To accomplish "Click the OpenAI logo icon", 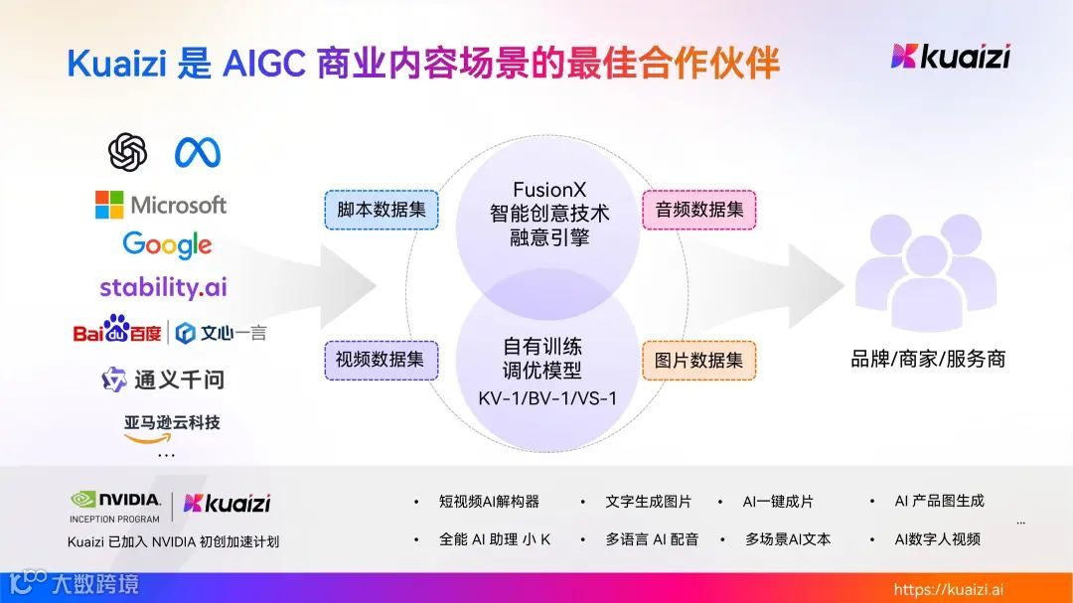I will point(127,152).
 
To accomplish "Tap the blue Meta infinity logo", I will point(197,152).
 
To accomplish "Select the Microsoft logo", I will point(161,205).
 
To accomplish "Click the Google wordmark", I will point(167,243).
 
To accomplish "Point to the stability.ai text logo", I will point(163,287).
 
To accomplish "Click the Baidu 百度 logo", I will point(117,330).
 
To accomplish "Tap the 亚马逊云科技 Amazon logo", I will point(172,427).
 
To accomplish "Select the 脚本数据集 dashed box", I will point(382,210).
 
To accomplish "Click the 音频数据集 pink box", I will point(699,210).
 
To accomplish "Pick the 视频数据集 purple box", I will point(380,360).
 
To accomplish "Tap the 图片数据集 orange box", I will point(698,360).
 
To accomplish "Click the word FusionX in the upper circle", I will point(548,189).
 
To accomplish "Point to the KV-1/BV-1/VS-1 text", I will point(547,397).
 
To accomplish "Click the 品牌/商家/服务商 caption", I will point(928,359).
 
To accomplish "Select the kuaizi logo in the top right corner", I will point(950,57).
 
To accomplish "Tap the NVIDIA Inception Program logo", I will point(115,506).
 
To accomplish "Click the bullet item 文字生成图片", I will point(648,502).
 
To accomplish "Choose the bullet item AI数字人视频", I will point(937,539).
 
